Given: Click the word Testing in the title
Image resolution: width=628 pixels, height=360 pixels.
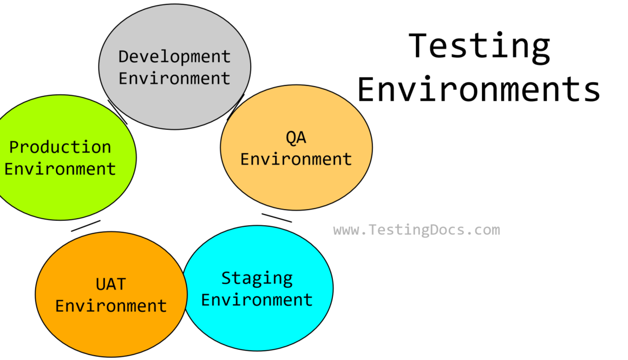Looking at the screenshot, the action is click(x=480, y=48).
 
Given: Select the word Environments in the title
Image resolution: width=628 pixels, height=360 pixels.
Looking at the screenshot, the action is click(x=479, y=89).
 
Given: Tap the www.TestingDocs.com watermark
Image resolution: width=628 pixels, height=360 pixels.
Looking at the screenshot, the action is click(x=416, y=230).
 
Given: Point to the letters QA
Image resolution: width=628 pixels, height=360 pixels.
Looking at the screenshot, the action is click(x=296, y=138).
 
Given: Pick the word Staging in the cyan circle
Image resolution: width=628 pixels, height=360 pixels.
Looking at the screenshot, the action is click(x=257, y=279).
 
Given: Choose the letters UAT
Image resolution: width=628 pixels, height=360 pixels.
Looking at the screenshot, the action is click(x=111, y=284).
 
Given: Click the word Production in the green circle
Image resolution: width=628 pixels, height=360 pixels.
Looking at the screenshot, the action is click(x=60, y=147).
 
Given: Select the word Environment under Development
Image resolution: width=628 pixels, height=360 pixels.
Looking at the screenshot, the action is click(x=175, y=78).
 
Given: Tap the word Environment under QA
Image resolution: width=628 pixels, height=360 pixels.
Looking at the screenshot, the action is click(x=296, y=159).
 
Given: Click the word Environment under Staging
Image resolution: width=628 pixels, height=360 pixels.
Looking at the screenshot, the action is click(x=257, y=300).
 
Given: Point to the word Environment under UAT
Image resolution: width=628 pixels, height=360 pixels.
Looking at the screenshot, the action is click(x=111, y=306).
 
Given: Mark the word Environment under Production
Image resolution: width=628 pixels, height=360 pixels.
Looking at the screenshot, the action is click(x=60, y=168).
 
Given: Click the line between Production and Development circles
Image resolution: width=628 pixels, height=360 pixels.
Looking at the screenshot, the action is click(x=117, y=112).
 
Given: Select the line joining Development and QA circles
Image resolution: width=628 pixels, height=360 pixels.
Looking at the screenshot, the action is click(x=235, y=107).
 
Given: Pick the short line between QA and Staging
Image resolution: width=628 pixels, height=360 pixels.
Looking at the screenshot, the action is click(x=277, y=218).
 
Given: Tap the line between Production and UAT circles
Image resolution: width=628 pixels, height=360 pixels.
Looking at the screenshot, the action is click(x=86, y=226).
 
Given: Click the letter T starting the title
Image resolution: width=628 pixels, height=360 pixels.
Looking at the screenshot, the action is click(x=418, y=46).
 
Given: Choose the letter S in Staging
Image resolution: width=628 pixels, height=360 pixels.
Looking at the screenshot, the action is click(x=226, y=278).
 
